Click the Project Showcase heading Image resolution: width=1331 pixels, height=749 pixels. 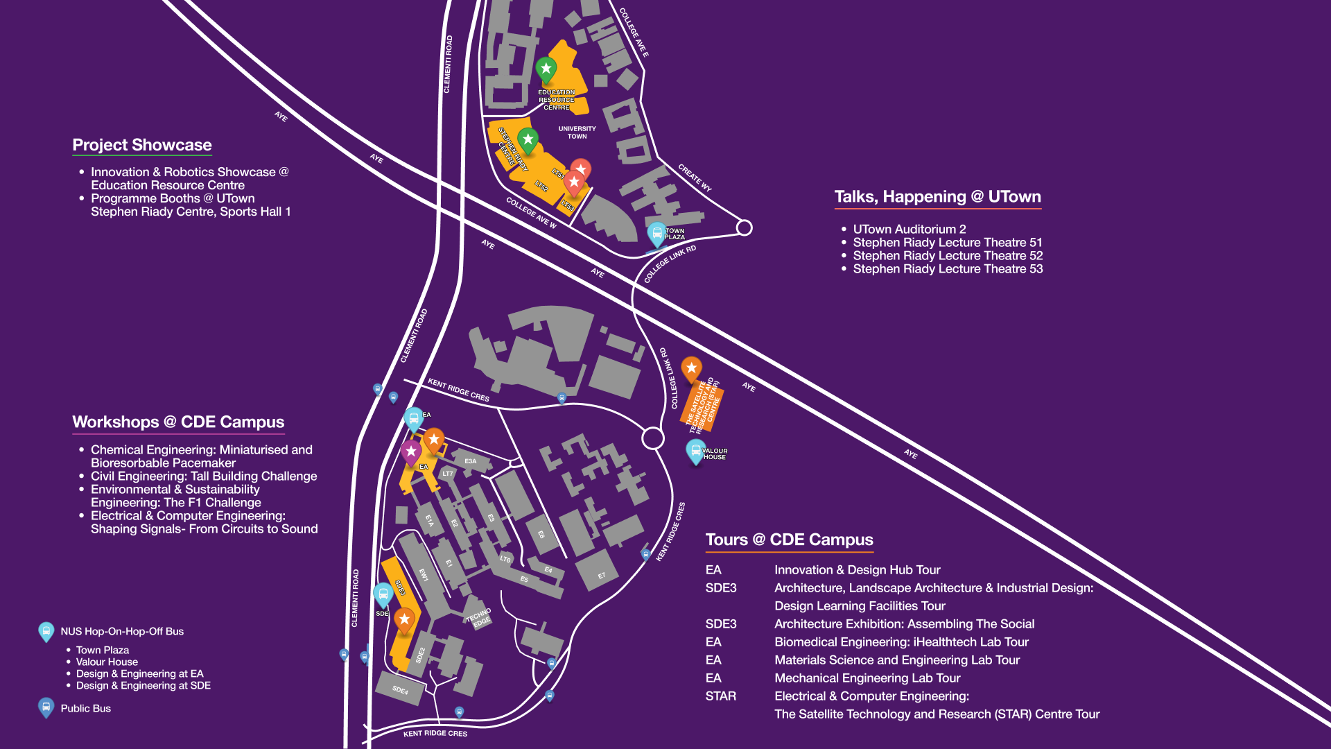[x=142, y=145]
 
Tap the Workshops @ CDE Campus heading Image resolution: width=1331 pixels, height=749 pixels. [x=178, y=422]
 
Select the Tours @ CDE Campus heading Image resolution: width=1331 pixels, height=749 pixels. [x=789, y=540]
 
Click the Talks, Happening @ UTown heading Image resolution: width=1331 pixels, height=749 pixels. [x=937, y=197]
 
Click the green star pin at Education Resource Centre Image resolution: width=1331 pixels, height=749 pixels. [x=546, y=69]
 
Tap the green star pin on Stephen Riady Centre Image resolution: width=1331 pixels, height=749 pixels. [x=528, y=140]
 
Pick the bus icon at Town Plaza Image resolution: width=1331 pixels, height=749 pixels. [x=657, y=233]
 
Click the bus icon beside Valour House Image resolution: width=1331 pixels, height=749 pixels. [x=695, y=451]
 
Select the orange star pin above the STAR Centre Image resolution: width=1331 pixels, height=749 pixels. [x=691, y=368]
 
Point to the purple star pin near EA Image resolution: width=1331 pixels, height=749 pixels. [x=411, y=452]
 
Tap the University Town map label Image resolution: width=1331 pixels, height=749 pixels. [x=577, y=132]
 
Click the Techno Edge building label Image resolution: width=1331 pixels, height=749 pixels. [x=479, y=617]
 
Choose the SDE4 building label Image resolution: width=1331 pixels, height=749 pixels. [x=400, y=690]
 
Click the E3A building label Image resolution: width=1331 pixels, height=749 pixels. [x=471, y=461]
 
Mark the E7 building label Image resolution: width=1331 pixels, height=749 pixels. [x=601, y=576]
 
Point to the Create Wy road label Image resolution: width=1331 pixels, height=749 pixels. [x=695, y=178]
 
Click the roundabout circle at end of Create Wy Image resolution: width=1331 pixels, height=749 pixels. [x=744, y=227]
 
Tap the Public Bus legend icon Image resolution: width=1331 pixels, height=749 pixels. [x=46, y=707]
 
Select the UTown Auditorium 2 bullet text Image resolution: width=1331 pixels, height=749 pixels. [x=909, y=230]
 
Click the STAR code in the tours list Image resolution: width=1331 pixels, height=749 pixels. [x=720, y=696]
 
